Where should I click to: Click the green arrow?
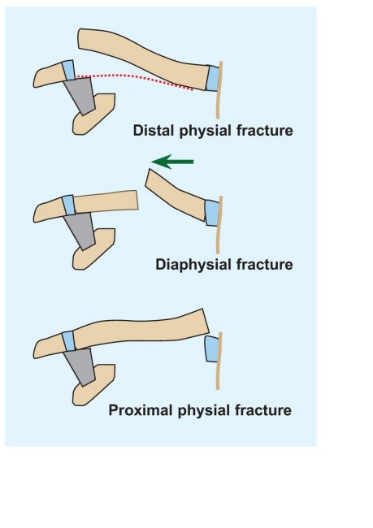point(172,162)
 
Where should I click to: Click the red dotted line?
point(135,78)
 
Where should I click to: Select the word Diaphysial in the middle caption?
point(193,264)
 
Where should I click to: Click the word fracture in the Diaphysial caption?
point(264,264)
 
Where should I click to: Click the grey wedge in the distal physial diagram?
point(80,96)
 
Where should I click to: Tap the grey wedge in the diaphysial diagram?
point(80,231)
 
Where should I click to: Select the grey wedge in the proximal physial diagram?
point(80,366)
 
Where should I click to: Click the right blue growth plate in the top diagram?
point(213,79)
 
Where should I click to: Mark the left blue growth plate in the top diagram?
point(68,70)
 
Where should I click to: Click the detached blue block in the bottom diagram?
point(212,349)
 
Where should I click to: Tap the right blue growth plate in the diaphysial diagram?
point(212,213)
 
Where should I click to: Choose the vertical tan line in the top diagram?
point(219,90)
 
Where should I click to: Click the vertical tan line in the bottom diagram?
point(219,361)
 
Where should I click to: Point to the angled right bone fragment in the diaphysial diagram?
point(176,195)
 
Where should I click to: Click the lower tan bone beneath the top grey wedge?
point(93,115)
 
